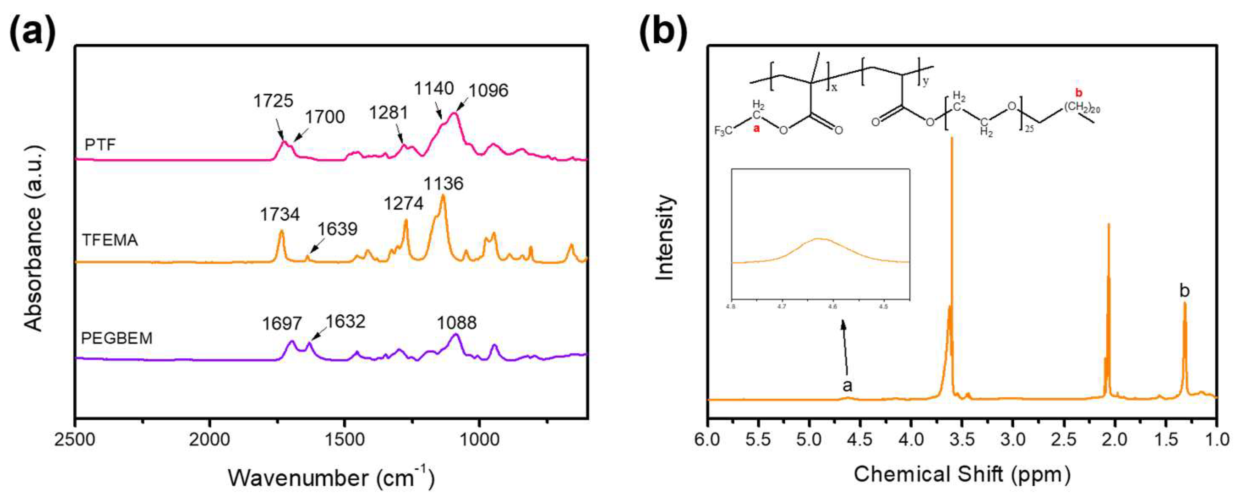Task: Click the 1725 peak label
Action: point(273,101)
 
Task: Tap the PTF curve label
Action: point(100,144)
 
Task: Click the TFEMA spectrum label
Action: point(110,240)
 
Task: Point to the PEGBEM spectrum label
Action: point(117,338)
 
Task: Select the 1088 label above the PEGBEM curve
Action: point(456,323)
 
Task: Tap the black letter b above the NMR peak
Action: point(1184,291)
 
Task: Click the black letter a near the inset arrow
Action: point(847,385)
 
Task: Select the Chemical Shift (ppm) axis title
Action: point(962,474)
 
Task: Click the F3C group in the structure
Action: point(724,131)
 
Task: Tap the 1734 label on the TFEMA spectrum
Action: point(280,214)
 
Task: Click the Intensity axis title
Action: point(665,237)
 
